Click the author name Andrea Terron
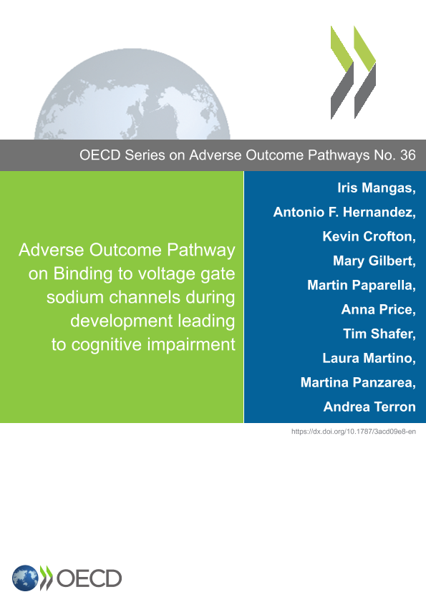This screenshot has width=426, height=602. tap(369, 407)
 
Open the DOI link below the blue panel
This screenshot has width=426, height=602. tap(354, 432)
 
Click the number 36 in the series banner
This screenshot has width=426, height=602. tap(407, 155)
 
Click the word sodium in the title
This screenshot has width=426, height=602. tap(75, 298)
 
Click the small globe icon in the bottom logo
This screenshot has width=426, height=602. tap(25, 578)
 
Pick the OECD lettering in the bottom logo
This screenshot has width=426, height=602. tap(89, 578)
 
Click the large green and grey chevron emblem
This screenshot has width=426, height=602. tap(354, 72)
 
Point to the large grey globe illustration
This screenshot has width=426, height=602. tap(132, 94)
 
